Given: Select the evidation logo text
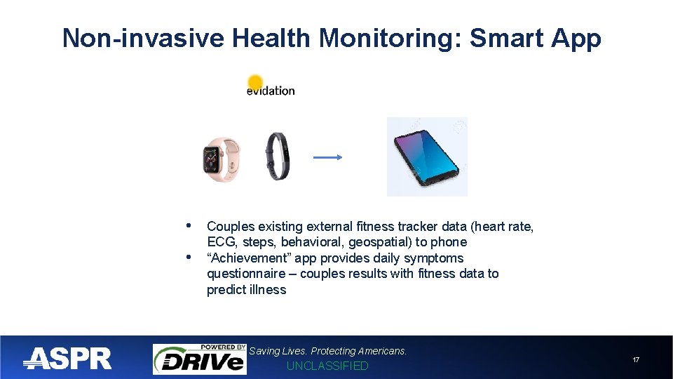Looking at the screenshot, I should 271,91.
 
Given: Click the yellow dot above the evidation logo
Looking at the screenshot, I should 255,82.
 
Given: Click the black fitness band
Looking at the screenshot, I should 278,156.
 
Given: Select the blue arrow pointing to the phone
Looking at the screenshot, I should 327,158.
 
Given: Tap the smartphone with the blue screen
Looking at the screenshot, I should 427,157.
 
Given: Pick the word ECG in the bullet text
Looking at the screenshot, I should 220,242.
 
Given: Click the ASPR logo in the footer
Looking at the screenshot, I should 68,359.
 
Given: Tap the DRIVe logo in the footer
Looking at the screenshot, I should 200,359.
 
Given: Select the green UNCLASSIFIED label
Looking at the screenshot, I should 327,366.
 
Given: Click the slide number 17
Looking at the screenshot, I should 636,360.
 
